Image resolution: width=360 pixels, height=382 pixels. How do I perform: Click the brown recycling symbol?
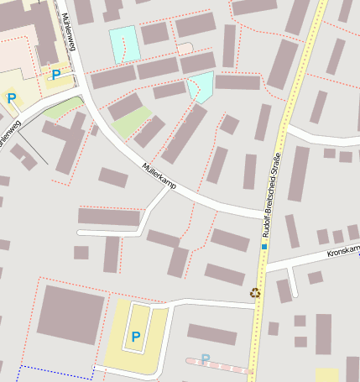click(x=255, y=292)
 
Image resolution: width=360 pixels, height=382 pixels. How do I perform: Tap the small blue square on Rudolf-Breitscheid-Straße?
click(x=263, y=247)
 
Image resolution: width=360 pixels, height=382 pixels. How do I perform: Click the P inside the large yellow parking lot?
click(x=135, y=338)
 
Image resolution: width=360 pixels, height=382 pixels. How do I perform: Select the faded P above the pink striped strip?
click(x=206, y=358)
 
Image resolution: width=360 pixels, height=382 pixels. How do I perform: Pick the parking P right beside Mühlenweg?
click(x=56, y=75)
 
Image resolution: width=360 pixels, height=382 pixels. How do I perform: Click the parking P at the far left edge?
click(x=12, y=98)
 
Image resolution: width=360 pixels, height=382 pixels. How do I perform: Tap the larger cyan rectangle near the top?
click(x=125, y=43)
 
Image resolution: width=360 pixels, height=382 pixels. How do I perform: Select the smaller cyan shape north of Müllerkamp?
click(x=201, y=86)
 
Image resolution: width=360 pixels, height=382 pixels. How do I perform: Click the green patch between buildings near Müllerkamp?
click(x=131, y=123)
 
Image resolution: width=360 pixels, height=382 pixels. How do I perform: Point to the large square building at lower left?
click(x=71, y=313)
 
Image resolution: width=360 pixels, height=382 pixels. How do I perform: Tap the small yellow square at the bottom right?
click(x=326, y=375)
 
